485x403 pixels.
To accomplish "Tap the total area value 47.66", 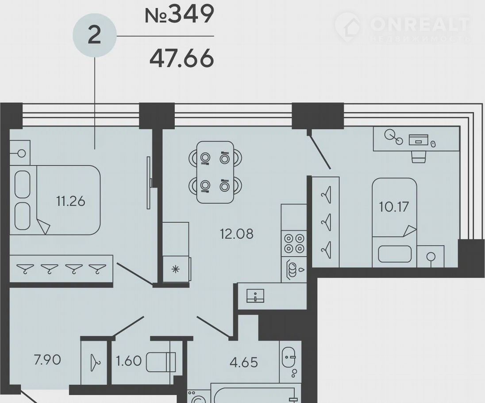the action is coord(181,58).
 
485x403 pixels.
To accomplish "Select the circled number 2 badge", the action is coord(95,35).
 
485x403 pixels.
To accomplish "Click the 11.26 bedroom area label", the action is coord(70,201).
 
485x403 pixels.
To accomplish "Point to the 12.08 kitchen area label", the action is coord(237,234).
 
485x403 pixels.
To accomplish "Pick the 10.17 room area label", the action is coord(394,207).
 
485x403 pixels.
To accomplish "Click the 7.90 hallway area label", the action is coord(47,360).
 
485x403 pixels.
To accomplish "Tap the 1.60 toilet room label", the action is coord(129,361).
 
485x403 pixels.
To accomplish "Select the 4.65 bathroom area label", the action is coord(244,362).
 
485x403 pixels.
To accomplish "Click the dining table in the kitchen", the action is coord(216,172).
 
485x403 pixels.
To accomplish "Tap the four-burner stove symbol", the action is coord(294,244).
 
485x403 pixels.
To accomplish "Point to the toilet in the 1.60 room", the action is coord(161,362).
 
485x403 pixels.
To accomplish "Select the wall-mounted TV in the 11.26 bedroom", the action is coord(149,182).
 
